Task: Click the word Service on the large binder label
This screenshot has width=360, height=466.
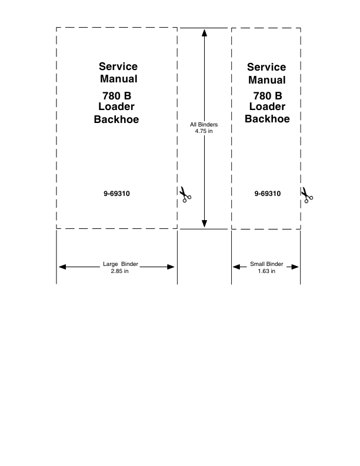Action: point(118,66)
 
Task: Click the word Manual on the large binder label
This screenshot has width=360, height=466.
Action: point(118,79)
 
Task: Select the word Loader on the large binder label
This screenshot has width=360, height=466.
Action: point(117,106)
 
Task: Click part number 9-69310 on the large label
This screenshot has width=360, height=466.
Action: point(116,193)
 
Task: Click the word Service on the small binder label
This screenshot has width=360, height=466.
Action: point(266,67)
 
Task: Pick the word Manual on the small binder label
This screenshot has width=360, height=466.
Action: point(266,80)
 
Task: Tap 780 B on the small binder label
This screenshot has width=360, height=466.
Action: point(267,96)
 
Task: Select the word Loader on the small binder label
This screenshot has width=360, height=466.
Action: point(267,106)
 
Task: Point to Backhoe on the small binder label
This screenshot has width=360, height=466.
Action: point(267,119)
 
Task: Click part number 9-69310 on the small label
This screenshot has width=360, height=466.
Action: point(267,193)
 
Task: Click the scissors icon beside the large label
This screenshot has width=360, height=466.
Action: point(185,195)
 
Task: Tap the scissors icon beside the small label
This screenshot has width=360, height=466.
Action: point(306,195)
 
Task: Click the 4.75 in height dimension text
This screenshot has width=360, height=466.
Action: point(204,131)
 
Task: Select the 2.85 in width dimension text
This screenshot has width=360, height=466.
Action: point(119,271)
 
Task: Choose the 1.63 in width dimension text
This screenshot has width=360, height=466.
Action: point(266,271)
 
